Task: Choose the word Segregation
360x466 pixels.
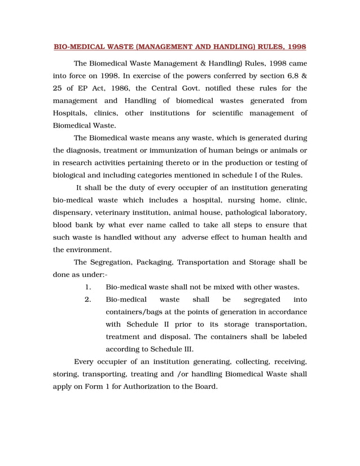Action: click(x=115, y=262)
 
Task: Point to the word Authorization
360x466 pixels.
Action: click(x=156, y=386)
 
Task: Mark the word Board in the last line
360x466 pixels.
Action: click(x=204, y=386)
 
